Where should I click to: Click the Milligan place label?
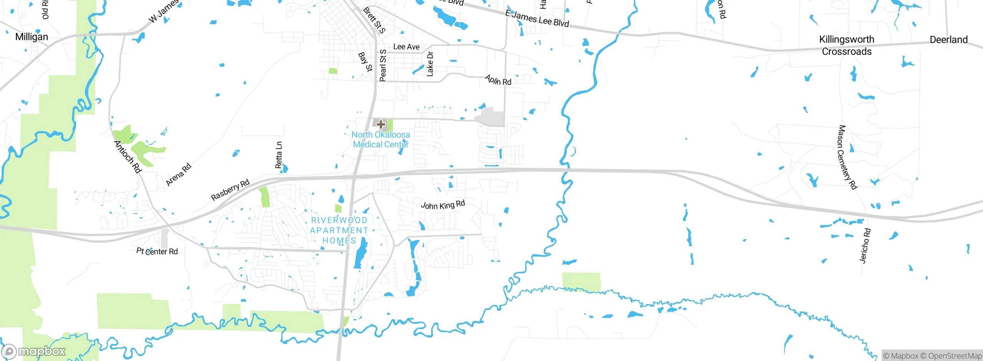point(31,37)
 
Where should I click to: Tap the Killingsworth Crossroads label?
point(847,45)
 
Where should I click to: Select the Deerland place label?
point(948,40)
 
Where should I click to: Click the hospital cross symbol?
point(381,124)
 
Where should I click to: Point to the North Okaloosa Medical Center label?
point(381,139)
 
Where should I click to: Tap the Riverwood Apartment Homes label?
point(339,230)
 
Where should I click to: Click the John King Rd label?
point(443,205)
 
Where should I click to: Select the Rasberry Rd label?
point(230,190)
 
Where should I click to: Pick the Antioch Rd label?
point(128,157)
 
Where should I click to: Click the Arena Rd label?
point(178,175)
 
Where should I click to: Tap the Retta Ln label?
point(279,155)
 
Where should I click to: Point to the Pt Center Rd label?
point(157,251)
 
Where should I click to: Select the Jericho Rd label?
point(865,246)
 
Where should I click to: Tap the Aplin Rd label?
point(498,80)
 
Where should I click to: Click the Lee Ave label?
point(406,47)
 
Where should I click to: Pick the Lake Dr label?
point(430,64)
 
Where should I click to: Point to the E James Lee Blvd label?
point(537,18)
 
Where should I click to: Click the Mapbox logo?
point(34,351)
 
